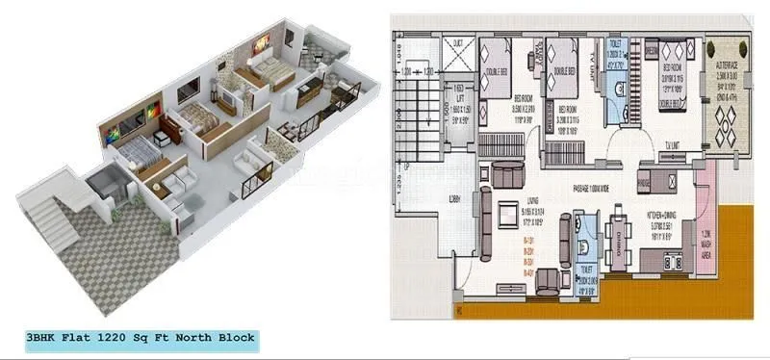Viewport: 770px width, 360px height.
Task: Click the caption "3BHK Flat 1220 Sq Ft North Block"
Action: tap(142, 338)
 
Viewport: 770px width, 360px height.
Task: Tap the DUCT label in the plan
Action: tap(456, 40)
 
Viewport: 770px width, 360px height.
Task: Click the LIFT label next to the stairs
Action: tap(462, 98)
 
